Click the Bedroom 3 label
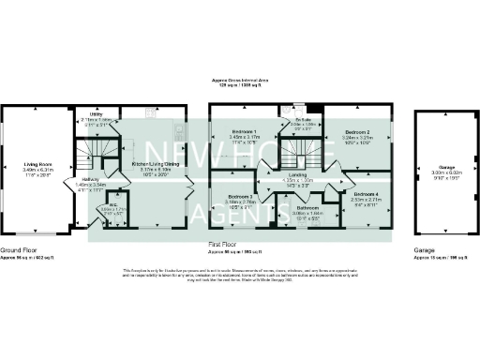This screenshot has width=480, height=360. tap(241, 196)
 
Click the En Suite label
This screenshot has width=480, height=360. tap(302, 119)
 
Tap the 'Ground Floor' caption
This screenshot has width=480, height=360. tap(18, 250)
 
